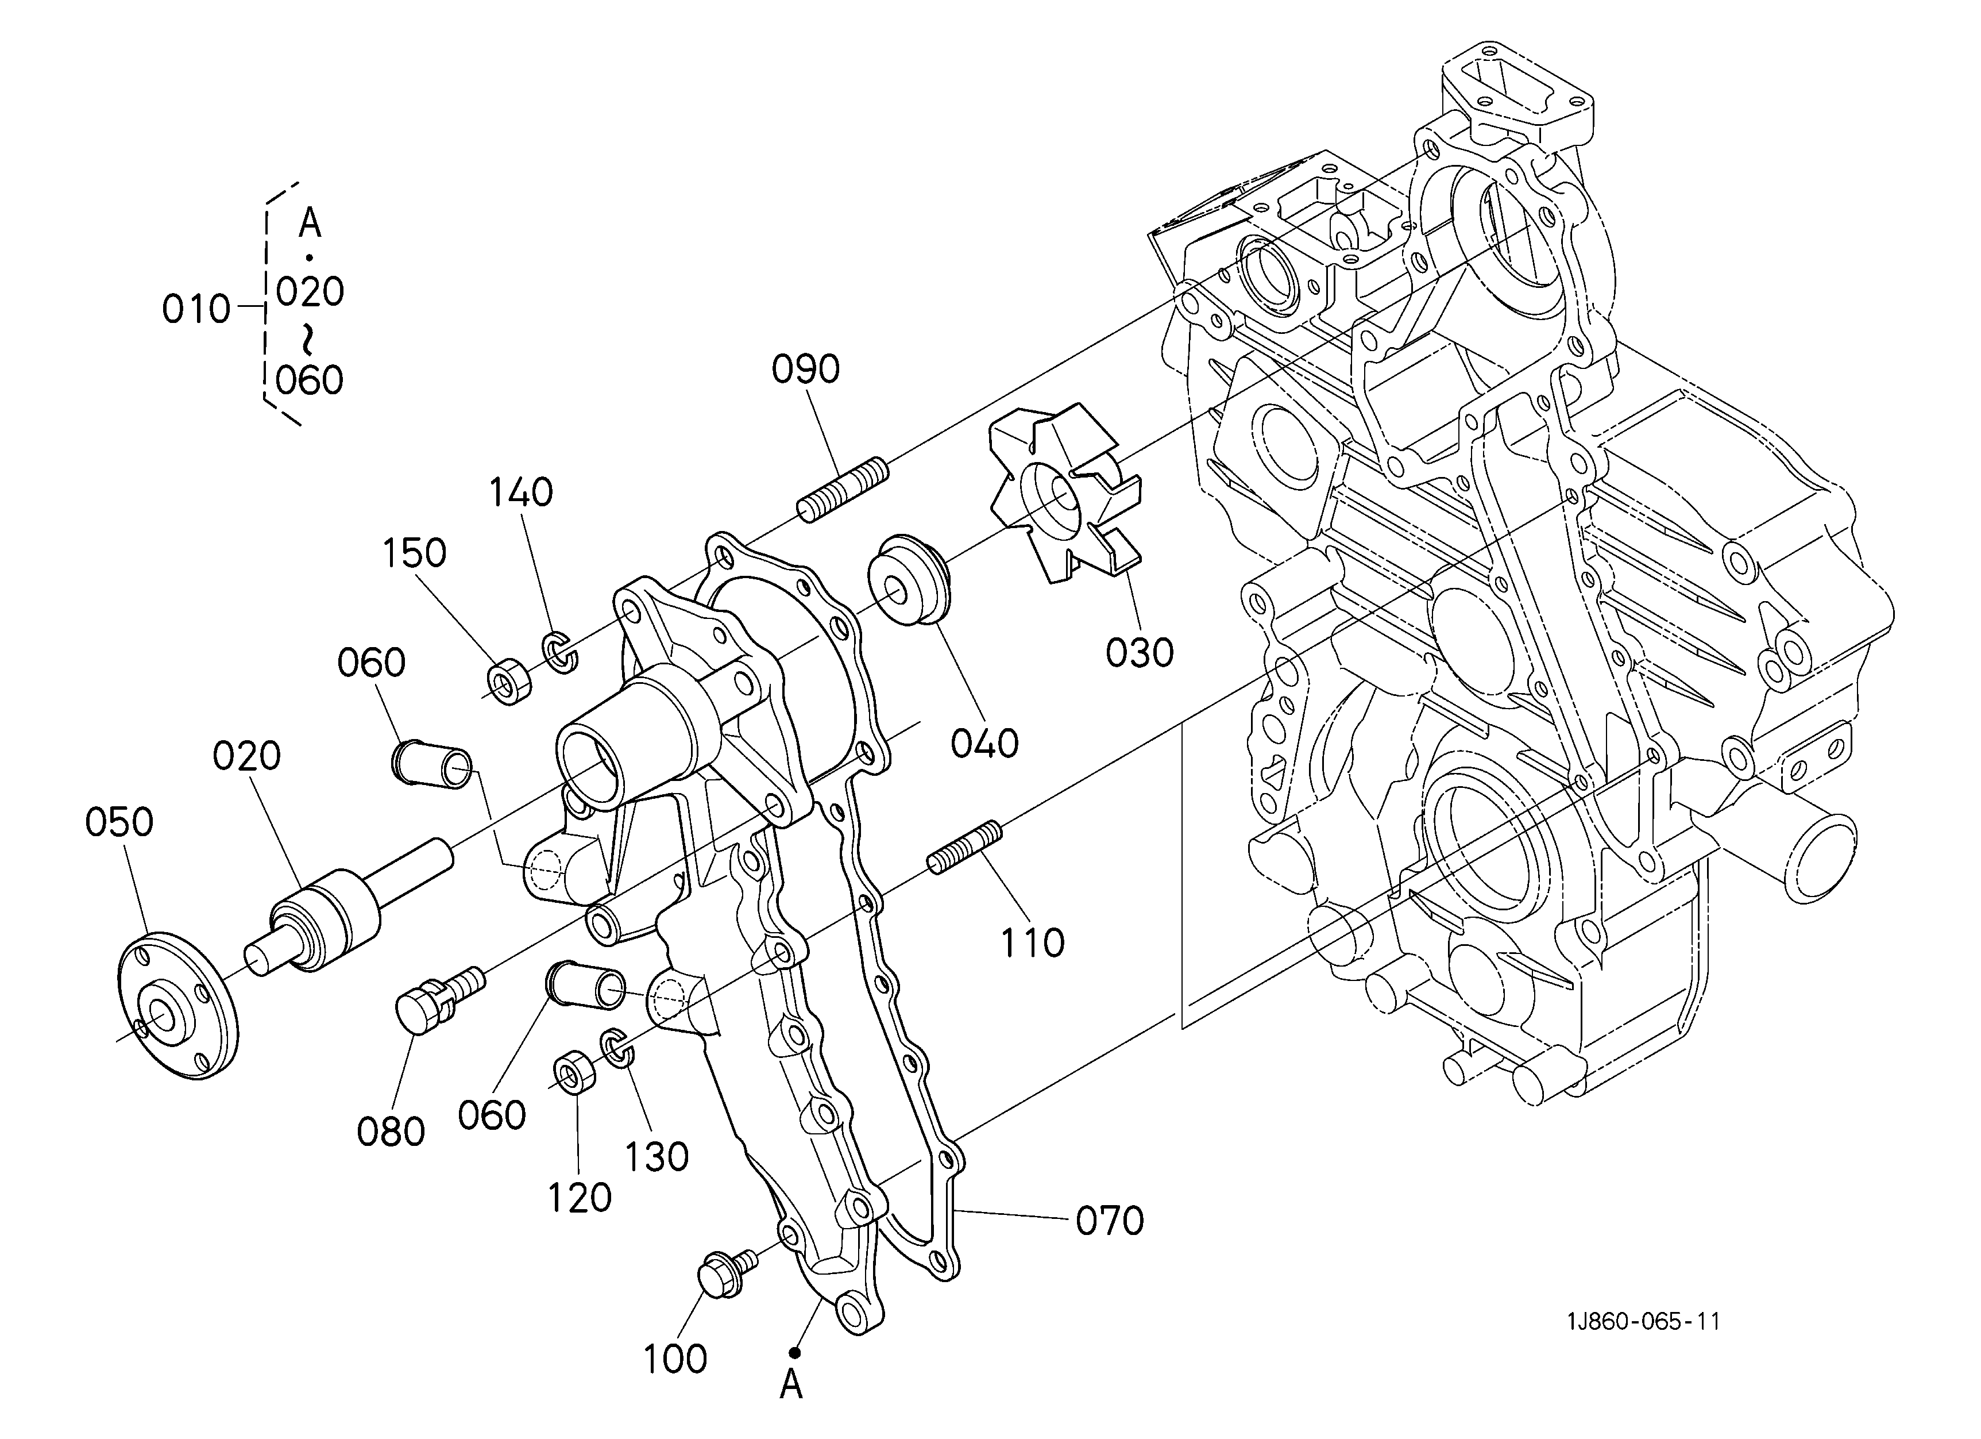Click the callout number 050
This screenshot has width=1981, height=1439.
pyautogui.click(x=119, y=822)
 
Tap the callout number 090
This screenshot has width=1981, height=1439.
pyautogui.click(x=805, y=370)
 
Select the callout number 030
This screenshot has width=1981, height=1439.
pyautogui.click(x=1140, y=653)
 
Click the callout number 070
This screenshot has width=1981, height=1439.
pyautogui.click(x=1109, y=1221)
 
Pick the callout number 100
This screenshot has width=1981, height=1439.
pyautogui.click(x=675, y=1359)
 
